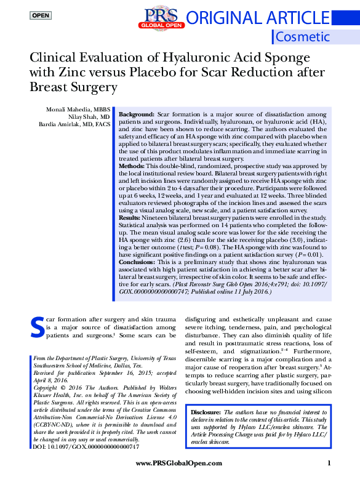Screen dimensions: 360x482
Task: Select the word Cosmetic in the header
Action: pyautogui.click(x=302, y=36)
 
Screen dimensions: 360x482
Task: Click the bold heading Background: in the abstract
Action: pyautogui.click(x=137, y=115)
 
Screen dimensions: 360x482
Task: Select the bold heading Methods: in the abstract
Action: pyautogui.click(x=133, y=167)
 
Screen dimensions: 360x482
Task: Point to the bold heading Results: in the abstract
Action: pyautogui.click(x=131, y=219)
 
